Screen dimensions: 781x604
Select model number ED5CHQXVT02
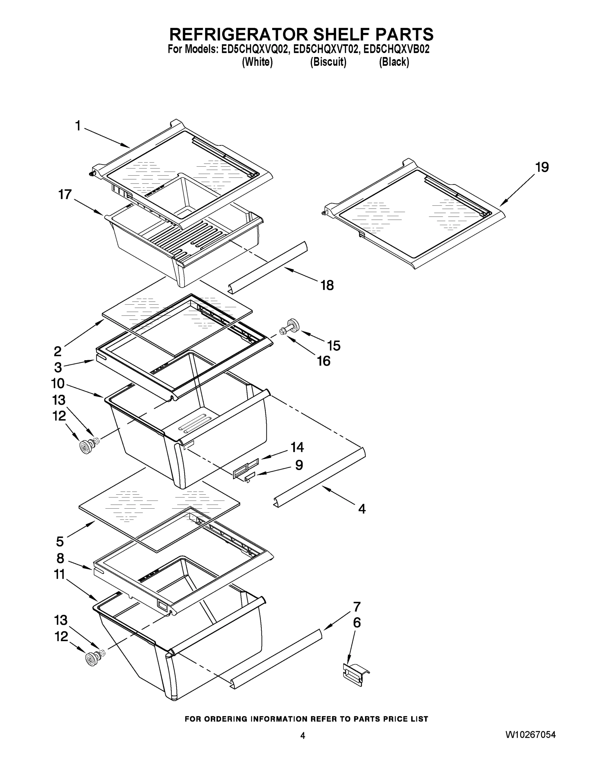coord(325,49)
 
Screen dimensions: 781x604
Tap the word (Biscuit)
coord(328,62)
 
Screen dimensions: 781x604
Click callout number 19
coord(542,167)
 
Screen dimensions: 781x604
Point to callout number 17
coord(65,195)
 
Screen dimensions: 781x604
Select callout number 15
coord(333,346)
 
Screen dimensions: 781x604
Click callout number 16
coord(323,361)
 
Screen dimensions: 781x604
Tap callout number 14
coord(297,447)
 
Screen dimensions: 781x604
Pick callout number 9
coord(299,465)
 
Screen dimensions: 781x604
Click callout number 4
coord(362,509)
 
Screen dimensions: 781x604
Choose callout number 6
coord(357,623)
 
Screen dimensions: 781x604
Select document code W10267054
coord(530,735)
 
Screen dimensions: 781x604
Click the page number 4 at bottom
coord(303,735)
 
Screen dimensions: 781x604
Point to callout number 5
coord(60,541)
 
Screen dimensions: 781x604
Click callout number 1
coord(77,126)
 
